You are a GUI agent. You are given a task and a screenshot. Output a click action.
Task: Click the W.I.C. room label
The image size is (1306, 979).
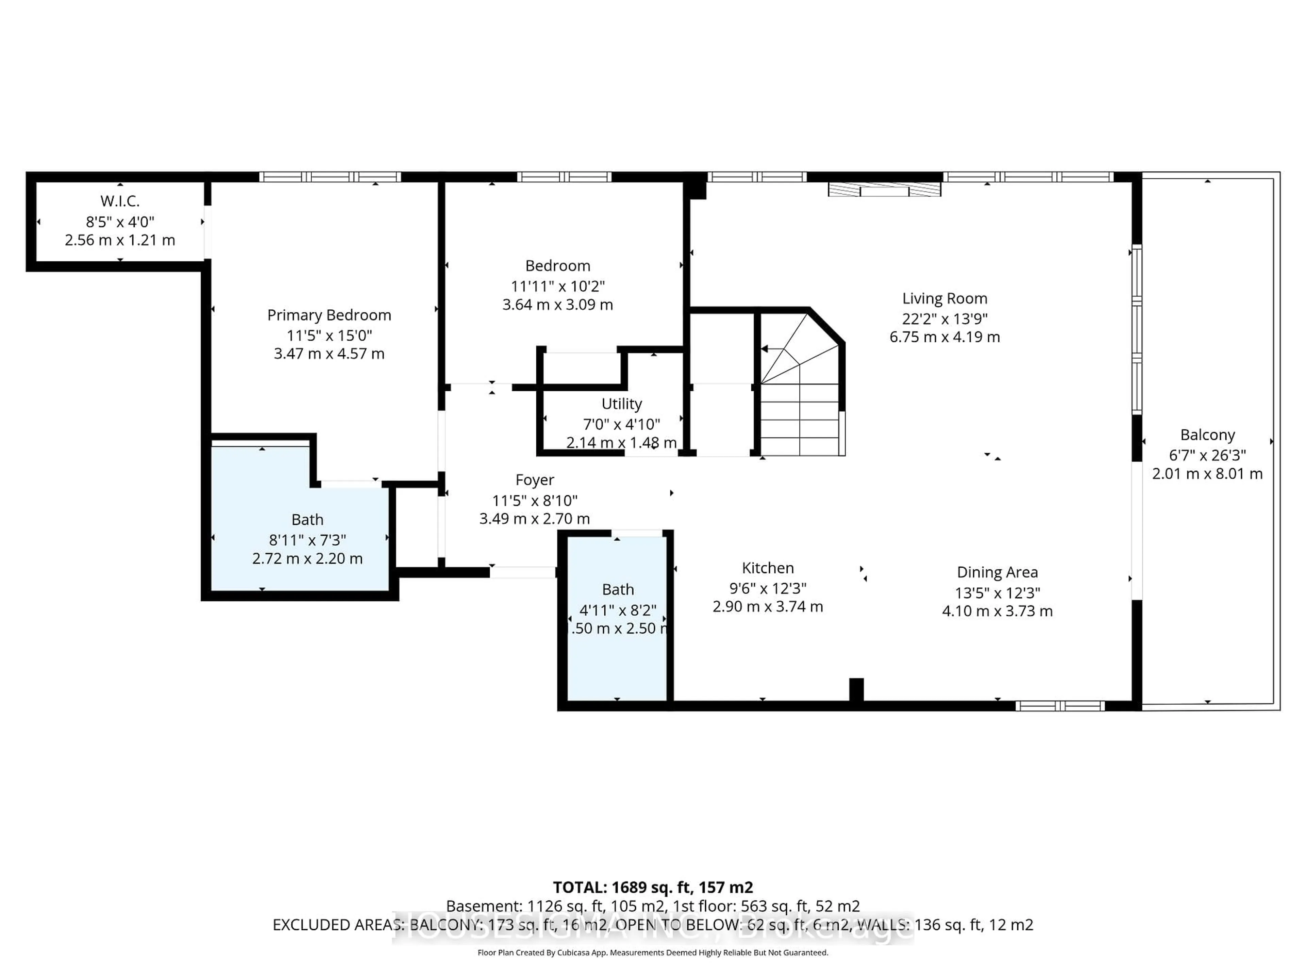point(120,201)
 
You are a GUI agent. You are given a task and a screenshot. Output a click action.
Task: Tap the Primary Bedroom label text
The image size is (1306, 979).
point(329,315)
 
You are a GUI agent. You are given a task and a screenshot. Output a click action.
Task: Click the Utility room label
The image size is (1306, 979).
point(621,404)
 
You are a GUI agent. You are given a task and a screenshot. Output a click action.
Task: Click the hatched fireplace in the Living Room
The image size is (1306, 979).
point(884,189)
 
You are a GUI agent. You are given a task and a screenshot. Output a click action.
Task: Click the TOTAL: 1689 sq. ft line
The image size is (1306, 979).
point(652,888)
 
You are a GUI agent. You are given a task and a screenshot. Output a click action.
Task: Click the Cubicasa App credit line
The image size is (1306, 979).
point(652,952)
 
